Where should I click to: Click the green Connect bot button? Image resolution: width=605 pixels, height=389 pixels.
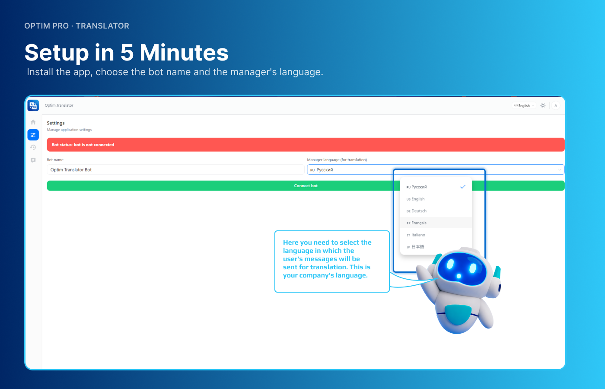coord(306,185)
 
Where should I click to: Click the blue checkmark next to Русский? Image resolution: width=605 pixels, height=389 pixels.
coord(463,187)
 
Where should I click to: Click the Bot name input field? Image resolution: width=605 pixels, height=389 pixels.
coord(175,169)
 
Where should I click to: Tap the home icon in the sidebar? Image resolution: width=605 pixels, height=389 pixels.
coord(33,122)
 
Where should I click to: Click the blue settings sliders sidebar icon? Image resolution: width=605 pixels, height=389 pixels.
coord(33,135)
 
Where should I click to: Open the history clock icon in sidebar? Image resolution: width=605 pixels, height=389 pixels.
coord(33,147)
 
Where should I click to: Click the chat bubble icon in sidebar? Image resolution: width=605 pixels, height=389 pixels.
coord(33,160)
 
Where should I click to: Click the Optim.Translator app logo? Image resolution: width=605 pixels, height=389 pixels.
coord(33,105)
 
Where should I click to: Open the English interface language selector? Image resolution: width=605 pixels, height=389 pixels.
coord(524,105)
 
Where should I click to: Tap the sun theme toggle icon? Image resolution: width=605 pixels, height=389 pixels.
coord(543,105)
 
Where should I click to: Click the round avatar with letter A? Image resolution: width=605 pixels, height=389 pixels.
coord(556,105)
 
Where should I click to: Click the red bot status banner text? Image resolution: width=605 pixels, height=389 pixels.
coord(83,145)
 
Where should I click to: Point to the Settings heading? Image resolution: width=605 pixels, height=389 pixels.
coord(56,123)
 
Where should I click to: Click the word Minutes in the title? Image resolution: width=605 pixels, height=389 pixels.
coord(184,52)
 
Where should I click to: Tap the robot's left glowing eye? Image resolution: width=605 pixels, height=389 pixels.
coord(450,264)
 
